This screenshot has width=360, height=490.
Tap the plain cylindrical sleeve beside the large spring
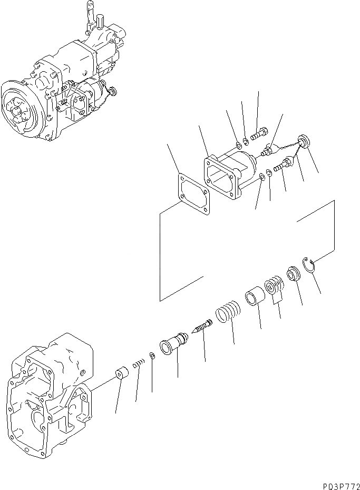253,294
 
